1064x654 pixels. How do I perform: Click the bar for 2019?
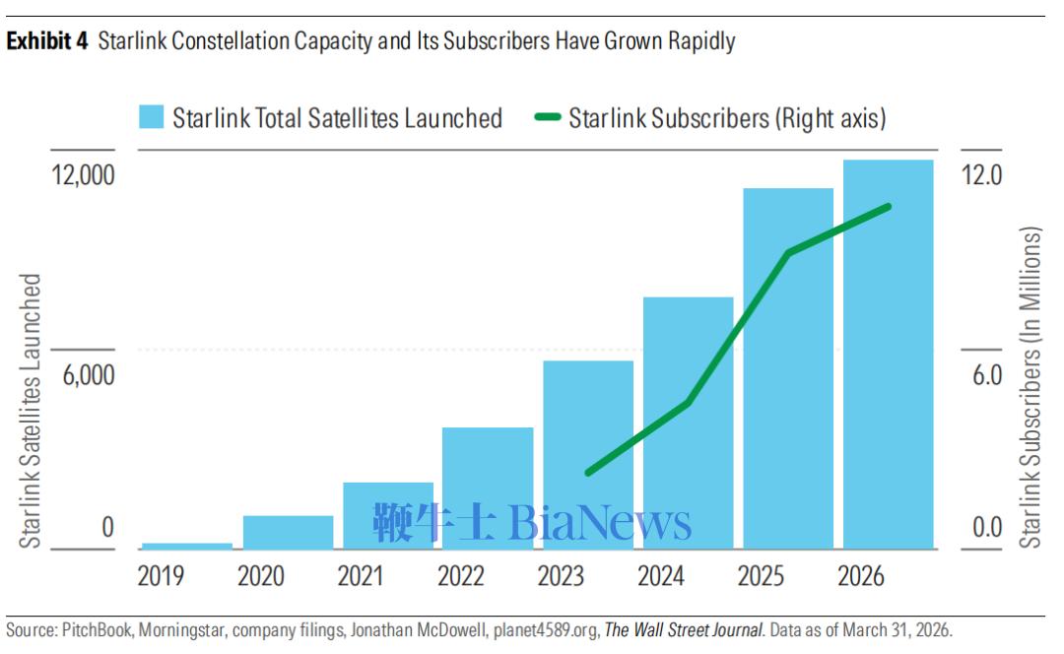click(186, 546)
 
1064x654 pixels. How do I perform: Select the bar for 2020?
click(289, 533)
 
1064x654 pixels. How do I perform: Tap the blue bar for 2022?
click(488, 488)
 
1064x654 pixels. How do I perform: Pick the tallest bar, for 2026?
click(889, 355)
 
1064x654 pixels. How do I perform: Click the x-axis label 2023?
click(561, 576)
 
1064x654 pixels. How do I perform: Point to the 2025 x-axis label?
click(761, 576)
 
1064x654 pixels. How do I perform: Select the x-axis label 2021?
click(361, 576)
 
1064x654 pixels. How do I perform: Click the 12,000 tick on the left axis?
click(84, 175)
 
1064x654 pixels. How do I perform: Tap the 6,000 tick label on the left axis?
click(89, 375)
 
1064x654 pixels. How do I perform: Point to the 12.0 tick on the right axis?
click(981, 175)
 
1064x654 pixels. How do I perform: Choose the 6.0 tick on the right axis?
click(986, 375)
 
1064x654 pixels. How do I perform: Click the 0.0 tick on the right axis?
click(986, 527)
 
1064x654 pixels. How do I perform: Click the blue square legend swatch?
click(152, 116)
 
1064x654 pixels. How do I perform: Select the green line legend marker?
click(548, 117)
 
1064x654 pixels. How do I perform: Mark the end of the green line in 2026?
click(889, 207)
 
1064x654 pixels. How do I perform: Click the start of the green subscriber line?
click(588, 472)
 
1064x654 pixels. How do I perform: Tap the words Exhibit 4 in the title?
click(47, 40)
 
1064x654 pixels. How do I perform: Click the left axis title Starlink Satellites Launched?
click(31, 411)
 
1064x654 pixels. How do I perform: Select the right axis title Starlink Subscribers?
click(1031, 387)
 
